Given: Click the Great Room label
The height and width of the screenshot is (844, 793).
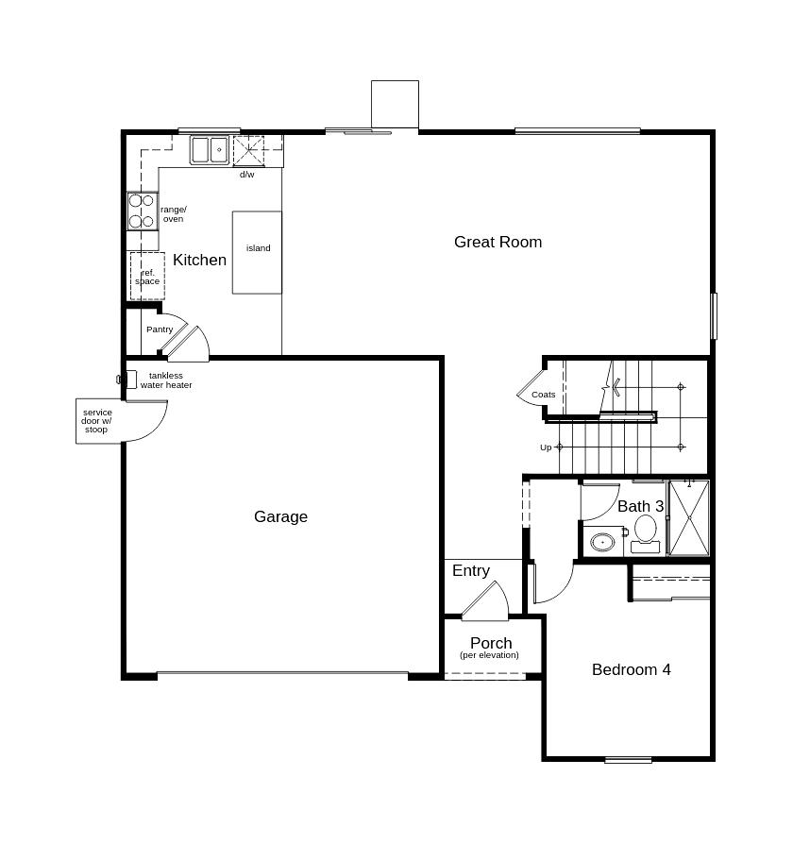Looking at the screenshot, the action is (498, 243).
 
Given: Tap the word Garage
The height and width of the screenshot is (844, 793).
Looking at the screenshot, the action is (280, 516).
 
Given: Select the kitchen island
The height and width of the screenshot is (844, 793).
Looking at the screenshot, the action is (257, 252).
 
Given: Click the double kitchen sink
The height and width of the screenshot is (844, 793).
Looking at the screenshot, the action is (210, 150).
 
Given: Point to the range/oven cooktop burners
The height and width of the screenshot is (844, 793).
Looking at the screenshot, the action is (143, 211).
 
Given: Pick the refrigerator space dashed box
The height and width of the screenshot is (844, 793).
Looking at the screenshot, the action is (147, 276).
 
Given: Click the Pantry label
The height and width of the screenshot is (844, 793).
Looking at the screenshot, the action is (160, 329).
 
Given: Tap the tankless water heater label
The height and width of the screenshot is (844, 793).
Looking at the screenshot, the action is (166, 380).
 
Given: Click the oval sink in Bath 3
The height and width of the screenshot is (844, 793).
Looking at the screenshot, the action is (602, 542).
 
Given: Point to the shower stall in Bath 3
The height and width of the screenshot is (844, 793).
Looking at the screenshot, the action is (689, 517).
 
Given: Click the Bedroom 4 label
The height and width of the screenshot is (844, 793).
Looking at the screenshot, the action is (631, 669).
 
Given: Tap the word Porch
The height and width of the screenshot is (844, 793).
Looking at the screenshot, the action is (491, 643).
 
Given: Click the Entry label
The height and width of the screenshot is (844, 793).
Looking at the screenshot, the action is (471, 570).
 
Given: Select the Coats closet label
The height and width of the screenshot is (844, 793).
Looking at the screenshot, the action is (543, 395).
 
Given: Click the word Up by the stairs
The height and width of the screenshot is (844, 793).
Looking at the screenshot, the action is (546, 447).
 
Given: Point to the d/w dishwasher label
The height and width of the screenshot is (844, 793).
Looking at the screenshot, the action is (247, 175).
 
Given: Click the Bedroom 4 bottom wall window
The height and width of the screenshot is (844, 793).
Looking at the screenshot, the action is (628, 760).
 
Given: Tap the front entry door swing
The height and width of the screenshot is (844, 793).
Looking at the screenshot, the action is (486, 599).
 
